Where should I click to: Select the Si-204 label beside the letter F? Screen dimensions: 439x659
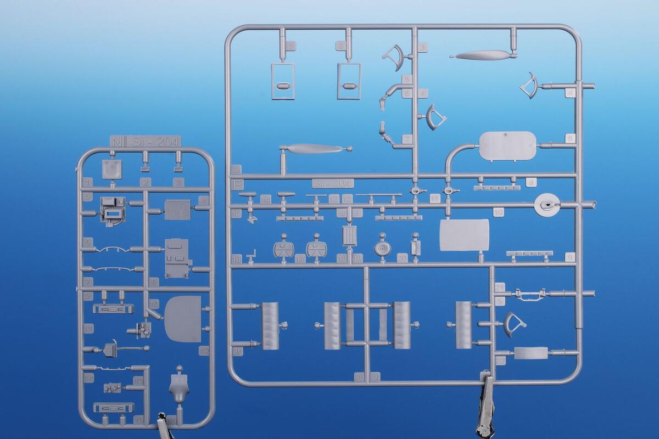333,183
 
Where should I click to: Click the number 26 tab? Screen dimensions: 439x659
238,352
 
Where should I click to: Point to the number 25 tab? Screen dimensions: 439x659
360,377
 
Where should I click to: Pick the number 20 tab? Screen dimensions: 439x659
403,258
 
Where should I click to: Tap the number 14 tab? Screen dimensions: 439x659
266,199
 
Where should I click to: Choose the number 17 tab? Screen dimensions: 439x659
300,258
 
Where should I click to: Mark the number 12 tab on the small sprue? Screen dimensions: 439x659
204,351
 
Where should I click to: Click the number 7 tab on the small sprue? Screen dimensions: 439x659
87,281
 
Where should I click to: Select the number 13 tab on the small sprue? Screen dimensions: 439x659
138,380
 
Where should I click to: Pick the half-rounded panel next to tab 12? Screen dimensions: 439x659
183,319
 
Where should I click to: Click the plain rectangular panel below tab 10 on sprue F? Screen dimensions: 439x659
464,235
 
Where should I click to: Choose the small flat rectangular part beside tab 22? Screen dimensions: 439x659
530,353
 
